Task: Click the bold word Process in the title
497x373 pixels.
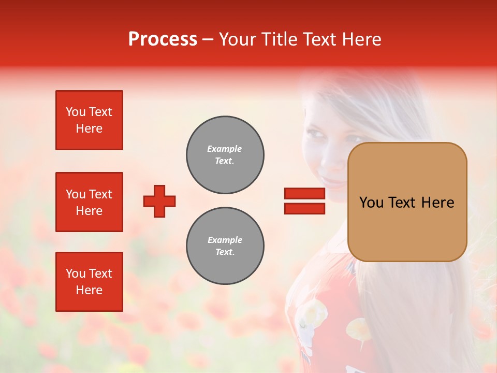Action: pos(163,39)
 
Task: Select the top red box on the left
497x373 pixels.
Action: pos(89,120)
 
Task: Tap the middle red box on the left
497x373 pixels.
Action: pos(89,202)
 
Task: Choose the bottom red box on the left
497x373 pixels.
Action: pos(89,282)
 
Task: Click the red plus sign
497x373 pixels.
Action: pos(159,201)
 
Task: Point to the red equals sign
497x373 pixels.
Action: pos(304,201)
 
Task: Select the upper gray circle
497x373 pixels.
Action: pos(225,155)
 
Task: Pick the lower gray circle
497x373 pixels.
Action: pos(225,246)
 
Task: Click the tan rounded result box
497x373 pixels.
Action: pos(407,202)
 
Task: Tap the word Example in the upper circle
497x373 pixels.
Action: pos(225,149)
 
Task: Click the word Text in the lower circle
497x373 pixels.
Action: pos(224,252)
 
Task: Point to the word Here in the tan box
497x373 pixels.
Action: pos(437,203)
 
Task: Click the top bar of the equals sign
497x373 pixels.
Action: pos(304,194)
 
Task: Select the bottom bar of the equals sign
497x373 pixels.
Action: pos(304,208)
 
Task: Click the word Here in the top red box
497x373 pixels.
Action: pos(89,128)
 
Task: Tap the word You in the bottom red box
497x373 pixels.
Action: pos(76,274)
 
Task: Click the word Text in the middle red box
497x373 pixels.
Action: pos(100,194)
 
